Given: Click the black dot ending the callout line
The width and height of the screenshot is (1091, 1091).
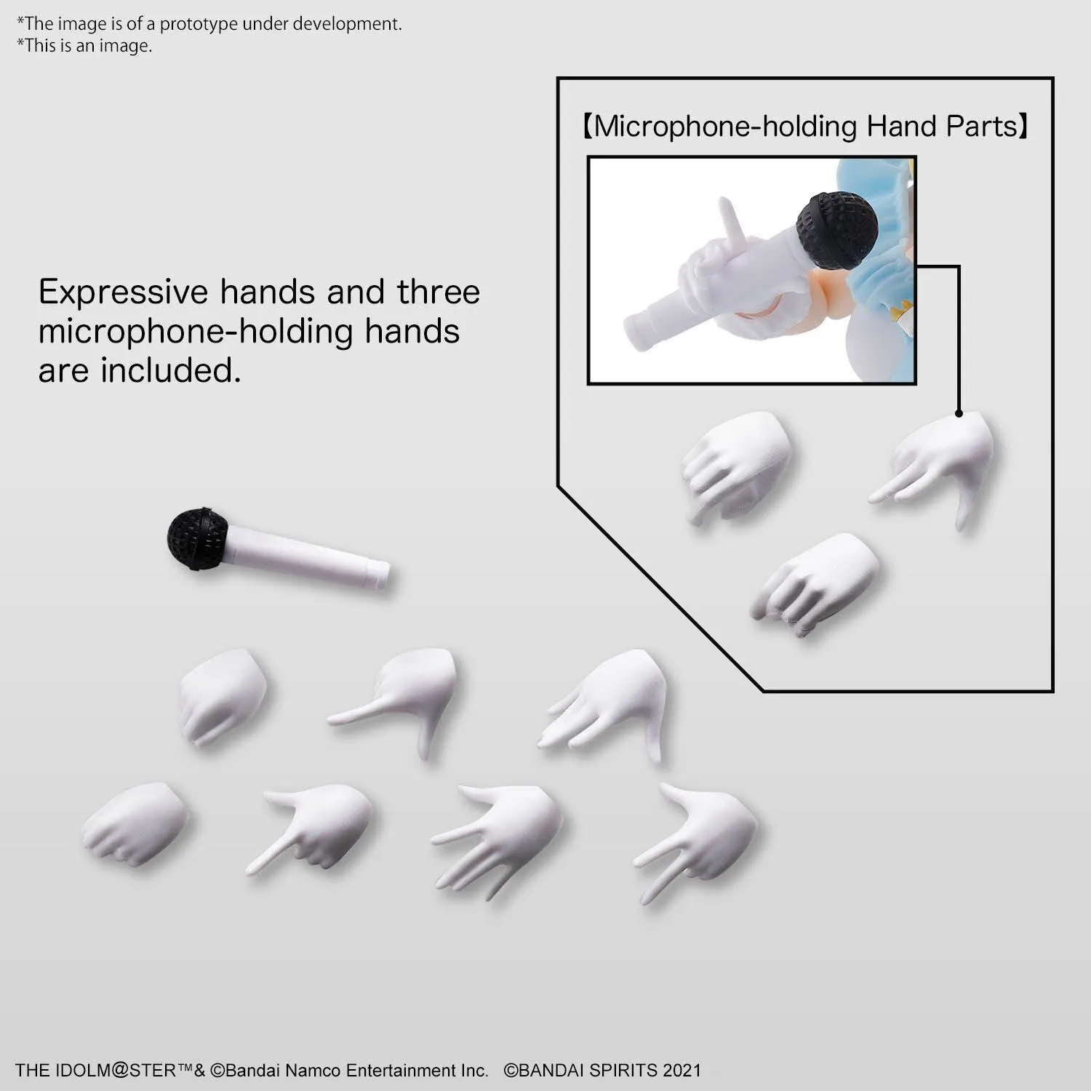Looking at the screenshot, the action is click(959, 413).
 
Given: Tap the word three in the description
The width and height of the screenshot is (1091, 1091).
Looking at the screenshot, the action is click(439, 292).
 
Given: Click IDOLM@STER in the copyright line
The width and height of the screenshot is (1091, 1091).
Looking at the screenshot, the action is click(129, 1070).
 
